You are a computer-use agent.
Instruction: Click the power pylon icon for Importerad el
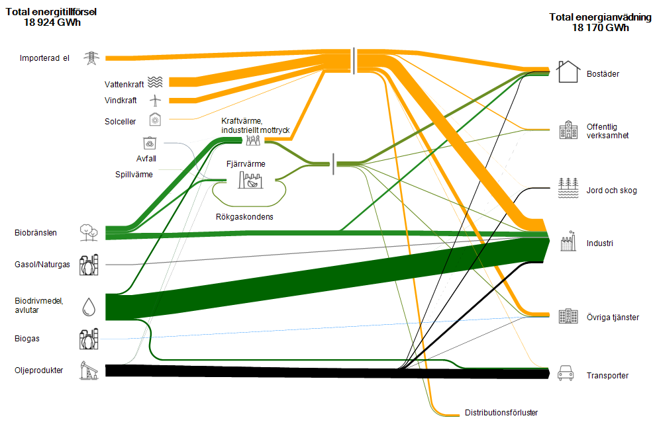(x=91, y=58)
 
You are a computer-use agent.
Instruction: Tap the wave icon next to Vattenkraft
(x=156, y=82)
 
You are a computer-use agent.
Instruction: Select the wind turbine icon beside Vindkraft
(x=155, y=100)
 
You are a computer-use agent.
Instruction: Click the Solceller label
(x=120, y=122)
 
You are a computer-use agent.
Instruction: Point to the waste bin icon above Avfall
(x=150, y=144)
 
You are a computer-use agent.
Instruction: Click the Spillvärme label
(x=134, y=175)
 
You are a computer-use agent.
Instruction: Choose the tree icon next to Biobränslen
(x=89, y=232)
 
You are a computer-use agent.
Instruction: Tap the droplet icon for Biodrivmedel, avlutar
(x=89, y=307)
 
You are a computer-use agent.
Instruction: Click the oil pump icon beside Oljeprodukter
(x=89, y=370)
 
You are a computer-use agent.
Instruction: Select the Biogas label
(x=27, y=339)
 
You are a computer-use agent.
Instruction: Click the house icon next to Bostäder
(x=568, y=71)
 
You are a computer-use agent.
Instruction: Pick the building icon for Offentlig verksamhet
(x=568, y=130)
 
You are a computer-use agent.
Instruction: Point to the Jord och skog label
(x=611, y=191)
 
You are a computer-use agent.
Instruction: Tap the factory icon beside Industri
(x=568, y=241)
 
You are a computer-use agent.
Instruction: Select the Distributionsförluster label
(x=501, y=413)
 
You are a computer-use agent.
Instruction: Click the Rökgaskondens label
(x=244, y=217)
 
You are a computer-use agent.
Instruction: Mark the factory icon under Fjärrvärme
(x=250, y=180)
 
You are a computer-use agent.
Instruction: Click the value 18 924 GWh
(x=52, y=22)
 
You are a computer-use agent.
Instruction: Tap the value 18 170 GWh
(x=600, y=28)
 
